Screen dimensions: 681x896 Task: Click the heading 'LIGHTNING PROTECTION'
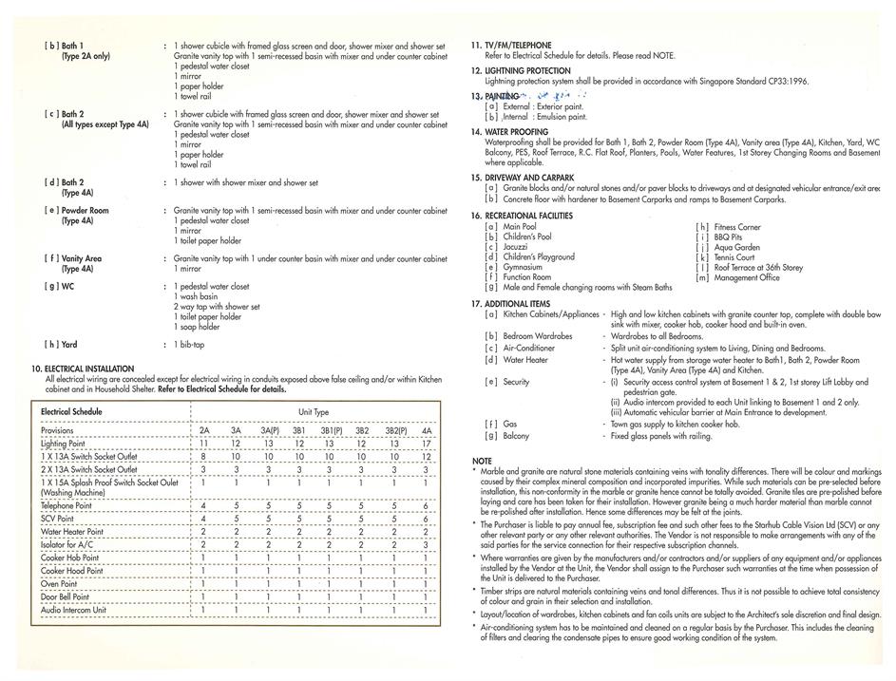[x=527, y=70]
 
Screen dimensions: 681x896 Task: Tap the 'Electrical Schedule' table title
[x=71, y=412]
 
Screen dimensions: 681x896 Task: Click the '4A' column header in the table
[x=425, y=430]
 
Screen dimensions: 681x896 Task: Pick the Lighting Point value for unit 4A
[x=425, y=444]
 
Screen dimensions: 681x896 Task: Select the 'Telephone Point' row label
[x=67, y=507]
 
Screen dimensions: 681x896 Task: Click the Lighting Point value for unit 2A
[x=203, y=444]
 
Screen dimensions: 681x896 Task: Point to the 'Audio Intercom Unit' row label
[x=74, y=610]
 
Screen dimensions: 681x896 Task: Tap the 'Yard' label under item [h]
[x=69, y=344]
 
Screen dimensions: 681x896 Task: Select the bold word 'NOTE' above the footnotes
[x=482, y=461]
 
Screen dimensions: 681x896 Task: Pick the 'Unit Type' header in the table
[x=314, y=413]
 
